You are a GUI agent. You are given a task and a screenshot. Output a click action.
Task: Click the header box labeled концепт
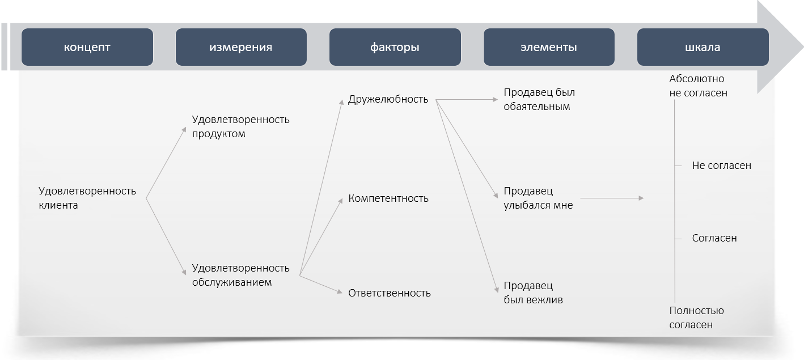[87, 47]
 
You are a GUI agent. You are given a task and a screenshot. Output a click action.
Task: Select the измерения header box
[241, 47]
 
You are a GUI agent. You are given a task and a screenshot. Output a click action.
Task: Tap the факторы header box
[395, 47]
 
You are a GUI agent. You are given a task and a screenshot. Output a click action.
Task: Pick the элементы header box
[549, 47]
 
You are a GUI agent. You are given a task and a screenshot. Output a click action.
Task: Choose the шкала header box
[703, 47]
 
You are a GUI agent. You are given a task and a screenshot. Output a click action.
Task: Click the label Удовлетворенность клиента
[87, 198]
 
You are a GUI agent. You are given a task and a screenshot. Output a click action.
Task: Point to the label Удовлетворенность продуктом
[241, 126]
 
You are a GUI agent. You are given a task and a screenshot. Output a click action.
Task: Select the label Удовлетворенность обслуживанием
[241, 275]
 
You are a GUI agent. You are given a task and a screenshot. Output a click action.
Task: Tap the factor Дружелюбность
[388, 99]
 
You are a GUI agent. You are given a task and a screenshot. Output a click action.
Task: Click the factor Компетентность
[388, 198]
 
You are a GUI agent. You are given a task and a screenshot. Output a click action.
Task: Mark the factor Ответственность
[390, 293]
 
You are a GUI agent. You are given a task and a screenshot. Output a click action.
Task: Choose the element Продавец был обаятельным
[539, 99]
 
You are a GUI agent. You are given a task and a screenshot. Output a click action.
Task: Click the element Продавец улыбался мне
[539, 198]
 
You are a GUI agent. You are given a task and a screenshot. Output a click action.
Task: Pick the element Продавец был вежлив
[534, 293]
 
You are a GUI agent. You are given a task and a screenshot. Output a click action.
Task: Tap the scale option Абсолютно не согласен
[699, 86]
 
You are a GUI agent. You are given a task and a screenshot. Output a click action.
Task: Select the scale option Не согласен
[722, 166]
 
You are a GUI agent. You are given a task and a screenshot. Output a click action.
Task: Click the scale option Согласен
[714, 238]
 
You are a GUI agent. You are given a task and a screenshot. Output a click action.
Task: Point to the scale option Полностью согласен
[697, 317]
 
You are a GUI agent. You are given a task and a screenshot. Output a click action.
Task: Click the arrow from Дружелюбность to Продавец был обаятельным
[467, 99]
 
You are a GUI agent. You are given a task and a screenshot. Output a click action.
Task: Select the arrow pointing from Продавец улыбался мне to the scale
[612, 198]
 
